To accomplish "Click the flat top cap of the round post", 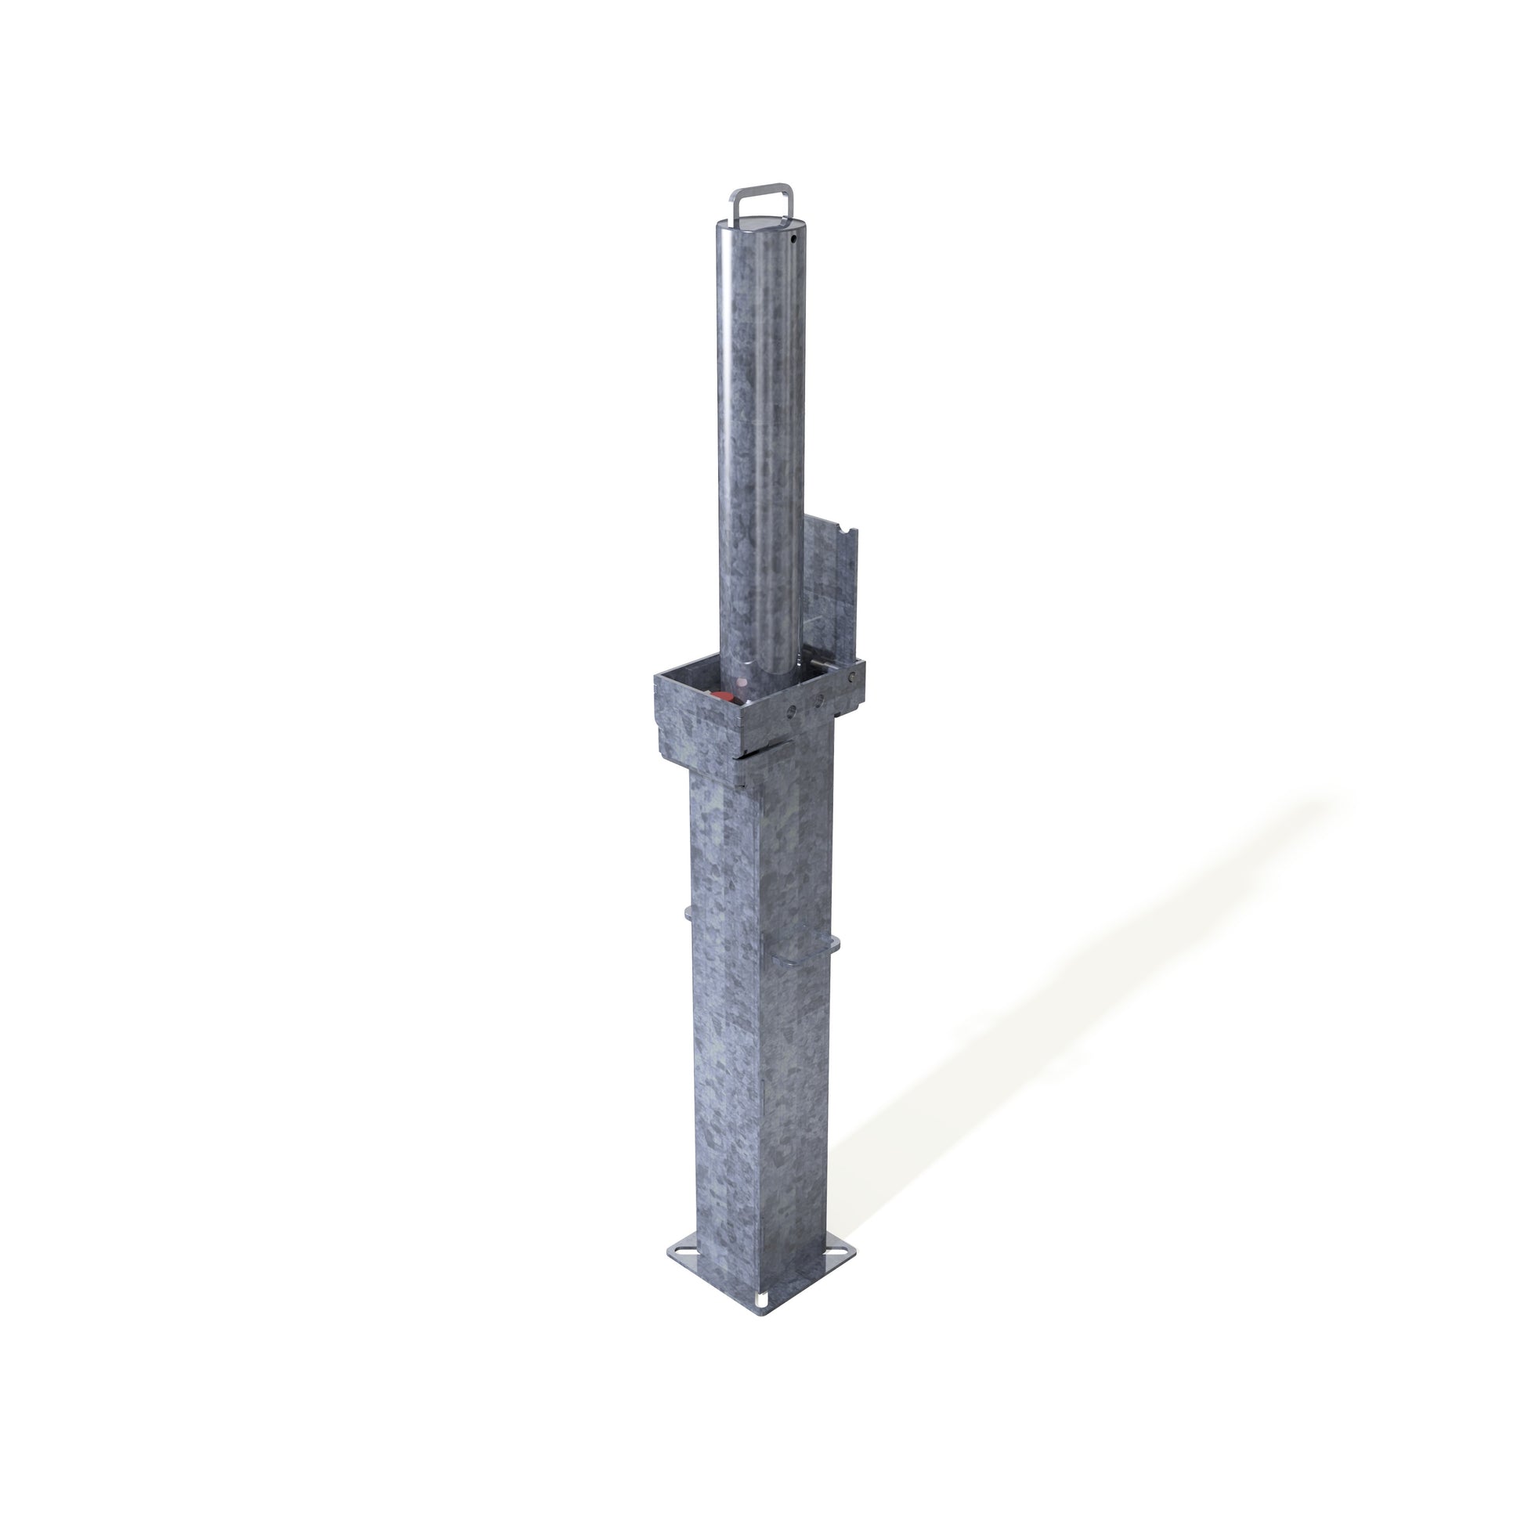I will coord(760,222).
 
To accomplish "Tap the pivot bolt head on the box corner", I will coord(852,677).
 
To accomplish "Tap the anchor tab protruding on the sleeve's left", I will coord(688,914).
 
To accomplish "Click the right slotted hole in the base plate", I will coord(838,1251).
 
